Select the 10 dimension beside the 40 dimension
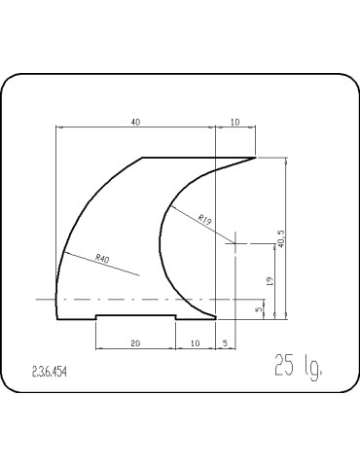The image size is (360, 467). pos(234,122)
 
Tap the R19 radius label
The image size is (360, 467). pos(205,220)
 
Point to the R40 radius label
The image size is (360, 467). pos(102,258)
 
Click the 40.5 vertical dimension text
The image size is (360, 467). pos(280,238)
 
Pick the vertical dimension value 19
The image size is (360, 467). pos(270,280)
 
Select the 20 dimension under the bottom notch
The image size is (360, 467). pos(135,343)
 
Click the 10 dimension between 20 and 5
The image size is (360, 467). pos(196,343)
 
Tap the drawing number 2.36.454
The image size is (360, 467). pos(51,373)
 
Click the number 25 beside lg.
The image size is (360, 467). pos(283,367)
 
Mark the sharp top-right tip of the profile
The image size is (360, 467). pos(255,158)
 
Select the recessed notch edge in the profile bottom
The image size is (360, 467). pos(135,313)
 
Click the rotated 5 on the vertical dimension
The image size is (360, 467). pos(259,309)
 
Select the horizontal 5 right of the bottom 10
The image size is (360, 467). pos(225,343)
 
